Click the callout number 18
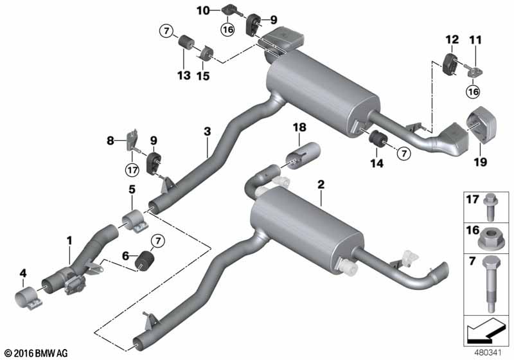299,127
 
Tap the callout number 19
481,161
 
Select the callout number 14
377,163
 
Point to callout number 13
184,75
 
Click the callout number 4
23,273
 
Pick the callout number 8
110,141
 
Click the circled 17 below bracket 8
132,170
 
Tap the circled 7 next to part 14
404,153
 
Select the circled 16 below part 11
473,91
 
